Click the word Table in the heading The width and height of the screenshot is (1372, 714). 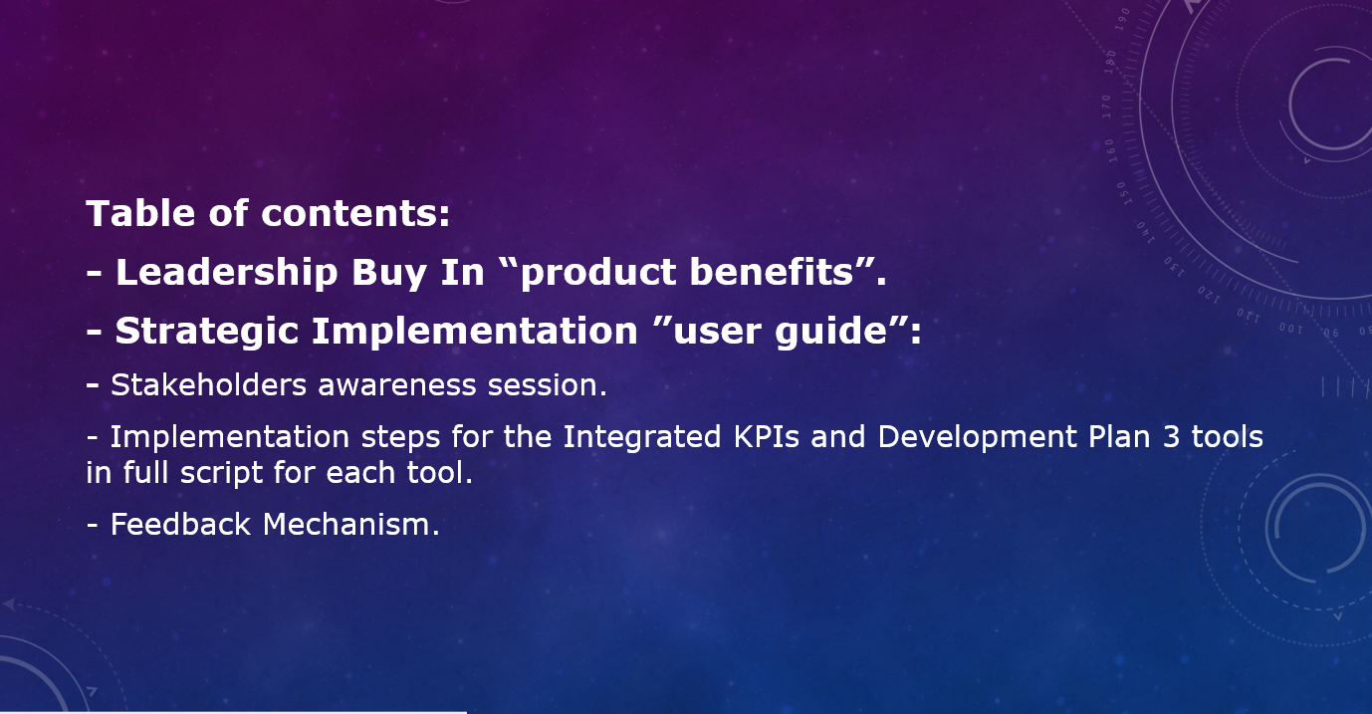point(141,213)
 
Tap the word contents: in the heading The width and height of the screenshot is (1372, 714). point(355,214)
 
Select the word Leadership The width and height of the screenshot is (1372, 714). point(227,273)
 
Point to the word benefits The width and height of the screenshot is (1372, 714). point(772,271)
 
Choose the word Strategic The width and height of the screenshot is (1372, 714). point(206,332)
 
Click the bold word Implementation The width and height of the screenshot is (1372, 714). point(475,332)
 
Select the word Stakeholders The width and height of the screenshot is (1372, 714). point(208,385)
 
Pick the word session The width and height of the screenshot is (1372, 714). point(543,385)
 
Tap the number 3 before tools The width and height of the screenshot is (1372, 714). point(1171,437)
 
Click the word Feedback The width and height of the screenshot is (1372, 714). point(180,525)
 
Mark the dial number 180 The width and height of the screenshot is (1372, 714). point(1110,63)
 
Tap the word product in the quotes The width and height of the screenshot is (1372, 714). point(597,273)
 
